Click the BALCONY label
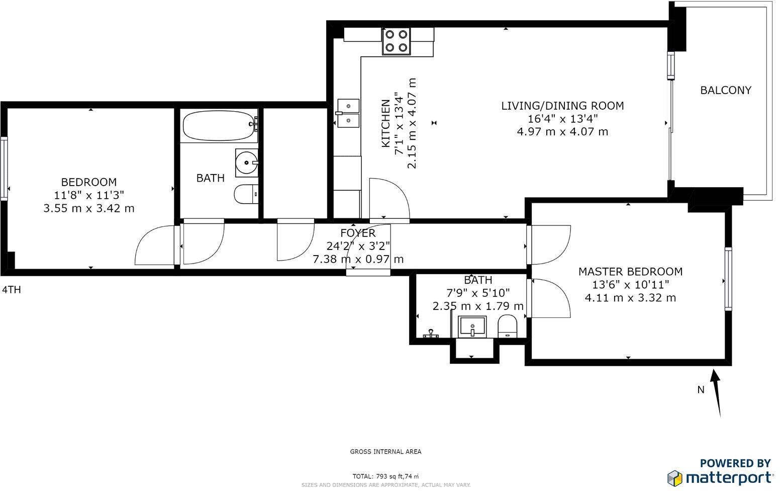pos(726,90)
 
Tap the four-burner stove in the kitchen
pos(396,41)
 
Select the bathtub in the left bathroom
pos(219,125)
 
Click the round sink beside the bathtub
pos(247,162)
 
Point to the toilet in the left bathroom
pos(246,194)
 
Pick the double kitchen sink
pos(348,113)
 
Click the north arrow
pos(717,393)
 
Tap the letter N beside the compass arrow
pos(701,389)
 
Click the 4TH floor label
pos(12,290)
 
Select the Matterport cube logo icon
pos(675,478)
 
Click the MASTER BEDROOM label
pos(630,272)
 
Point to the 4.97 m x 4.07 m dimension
pos(562,132)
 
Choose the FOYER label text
pos(358,233)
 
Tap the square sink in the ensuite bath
pos(472,327)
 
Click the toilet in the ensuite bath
pos(507,326)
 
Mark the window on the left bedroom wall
pos(4,169)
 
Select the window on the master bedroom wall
pos(728,279)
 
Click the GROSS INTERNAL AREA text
pos(385,452)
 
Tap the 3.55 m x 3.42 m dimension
pos(89,208)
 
